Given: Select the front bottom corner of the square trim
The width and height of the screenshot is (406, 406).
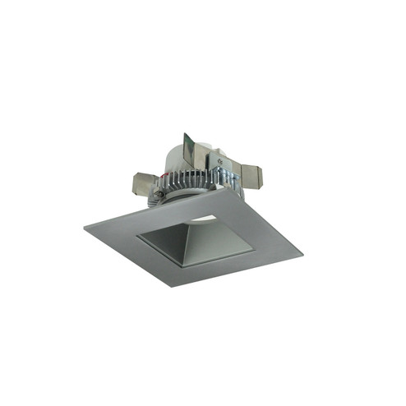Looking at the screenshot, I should tap(173, 286).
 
